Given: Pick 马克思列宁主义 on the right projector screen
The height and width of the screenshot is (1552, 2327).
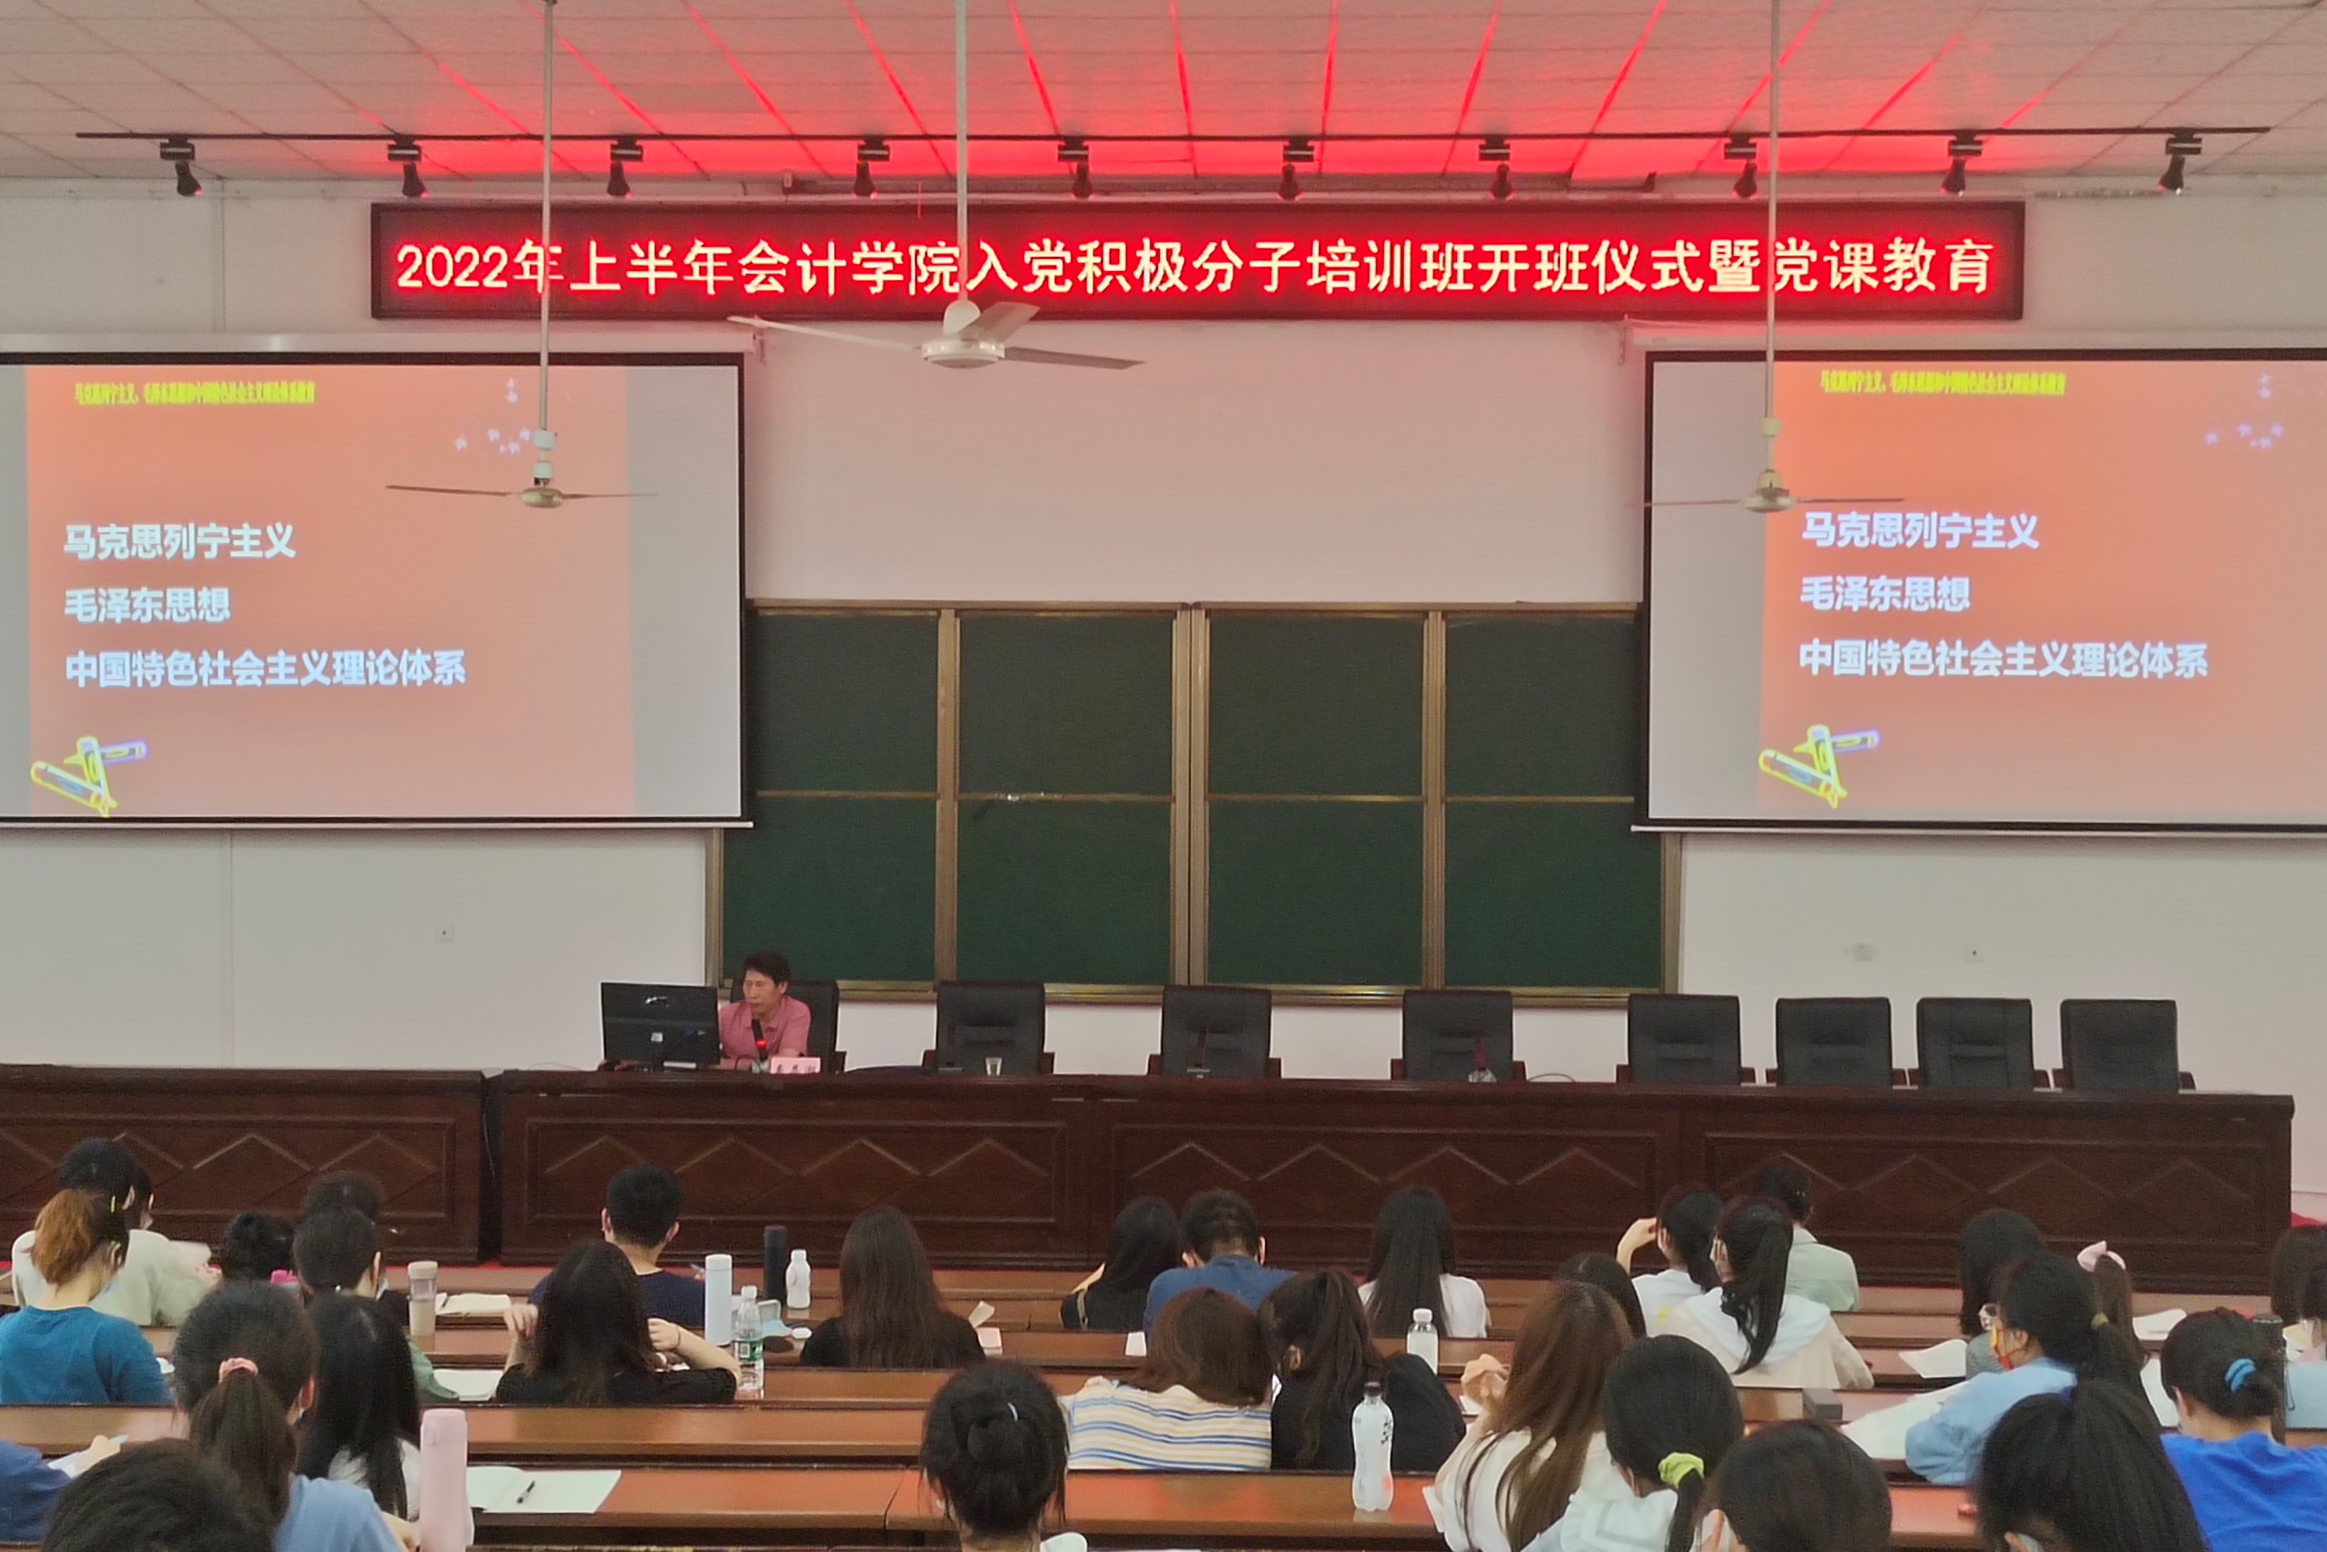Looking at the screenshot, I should pos(1918,531).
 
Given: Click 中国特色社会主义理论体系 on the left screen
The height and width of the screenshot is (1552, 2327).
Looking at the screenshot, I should pos(265,668).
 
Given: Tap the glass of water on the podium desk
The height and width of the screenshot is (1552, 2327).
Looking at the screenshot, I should pos(993,1066).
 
